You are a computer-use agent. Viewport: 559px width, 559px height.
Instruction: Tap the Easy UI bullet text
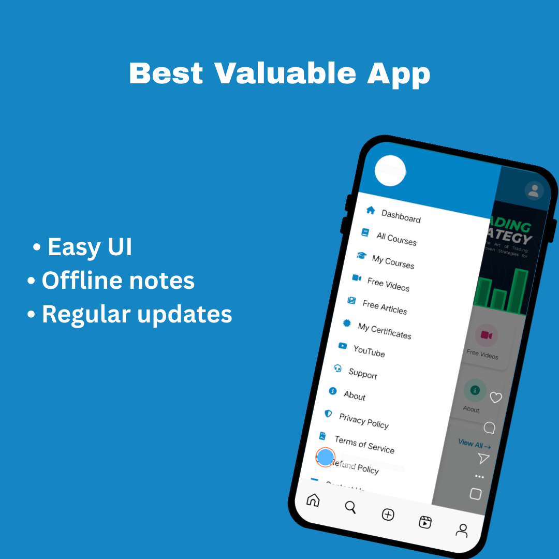(90, 247)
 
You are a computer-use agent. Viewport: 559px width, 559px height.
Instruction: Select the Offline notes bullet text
(118, 281)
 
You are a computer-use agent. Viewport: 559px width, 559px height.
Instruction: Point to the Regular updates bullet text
(137, 314)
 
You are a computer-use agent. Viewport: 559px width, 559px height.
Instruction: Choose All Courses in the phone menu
(396, 239)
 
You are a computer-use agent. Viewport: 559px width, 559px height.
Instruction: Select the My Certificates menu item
(384, 330)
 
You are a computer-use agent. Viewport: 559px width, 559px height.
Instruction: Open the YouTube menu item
(369, 351)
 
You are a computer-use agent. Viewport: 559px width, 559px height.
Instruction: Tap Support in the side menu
(362, 373)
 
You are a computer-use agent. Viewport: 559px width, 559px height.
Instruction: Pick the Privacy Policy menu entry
(363, 420)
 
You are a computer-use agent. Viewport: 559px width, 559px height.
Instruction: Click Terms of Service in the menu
(364, 444)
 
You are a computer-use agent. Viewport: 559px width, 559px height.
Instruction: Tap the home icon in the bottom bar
(313, 500)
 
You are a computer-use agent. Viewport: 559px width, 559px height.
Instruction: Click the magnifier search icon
(350, 507)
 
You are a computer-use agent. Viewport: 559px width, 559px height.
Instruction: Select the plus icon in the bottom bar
(388, 514)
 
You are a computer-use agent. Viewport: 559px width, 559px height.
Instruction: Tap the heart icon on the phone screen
(496, 398)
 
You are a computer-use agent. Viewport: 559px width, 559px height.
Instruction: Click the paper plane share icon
(483, 458)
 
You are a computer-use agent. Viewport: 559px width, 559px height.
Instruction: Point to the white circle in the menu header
(390, 170)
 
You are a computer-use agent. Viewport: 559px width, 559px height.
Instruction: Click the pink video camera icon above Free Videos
(486, 335)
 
